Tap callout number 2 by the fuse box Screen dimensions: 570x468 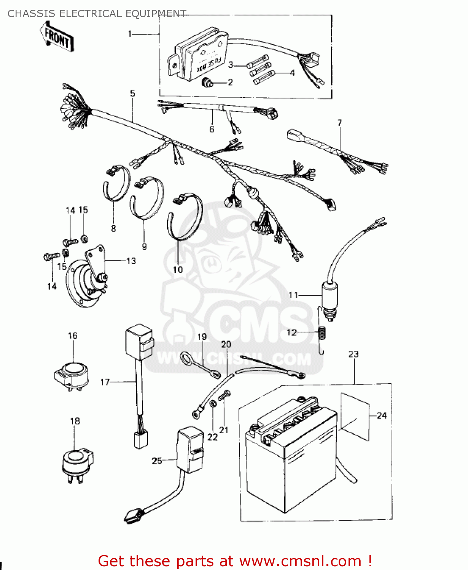[x=230, y=82]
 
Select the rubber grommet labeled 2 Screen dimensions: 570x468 [x=207, y=82]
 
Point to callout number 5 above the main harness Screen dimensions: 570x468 [x=132, y=93]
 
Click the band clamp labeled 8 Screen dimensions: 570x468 [x=116, y=184]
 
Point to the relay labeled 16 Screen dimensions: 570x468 [x=72, y=374]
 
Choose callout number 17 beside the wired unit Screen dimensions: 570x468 [x=105, y=382]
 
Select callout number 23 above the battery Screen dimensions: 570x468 [x=353, y=354]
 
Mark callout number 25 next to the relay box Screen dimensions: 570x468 [x=157, y=461]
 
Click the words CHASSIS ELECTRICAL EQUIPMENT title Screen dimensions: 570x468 [x=97, y=14]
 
